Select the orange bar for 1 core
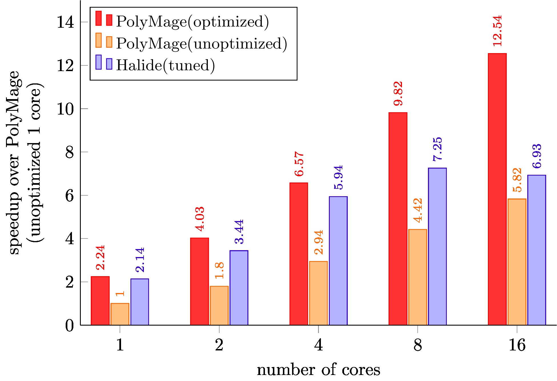tap(120, 314)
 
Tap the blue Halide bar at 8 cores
tap(437, 246)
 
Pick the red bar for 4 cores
tap(299, 254)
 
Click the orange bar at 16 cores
tap(517, 262)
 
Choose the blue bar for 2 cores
tap(239, 288)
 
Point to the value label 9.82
tap(398, 94)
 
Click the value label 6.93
tap(537, 156)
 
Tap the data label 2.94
tap(318, 242)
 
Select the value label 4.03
tap(200, 219)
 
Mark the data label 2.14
tap(140, 260)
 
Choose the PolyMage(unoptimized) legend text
tap(201, 43)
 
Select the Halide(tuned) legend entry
tap(165, 65)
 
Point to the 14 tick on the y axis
tap(65, 22)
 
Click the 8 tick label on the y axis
tap(69, 152)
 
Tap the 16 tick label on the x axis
tap(517, 345)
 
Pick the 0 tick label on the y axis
tap(69, 325)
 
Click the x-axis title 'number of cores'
tap(318, 370)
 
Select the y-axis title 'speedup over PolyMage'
tap(14, 163)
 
